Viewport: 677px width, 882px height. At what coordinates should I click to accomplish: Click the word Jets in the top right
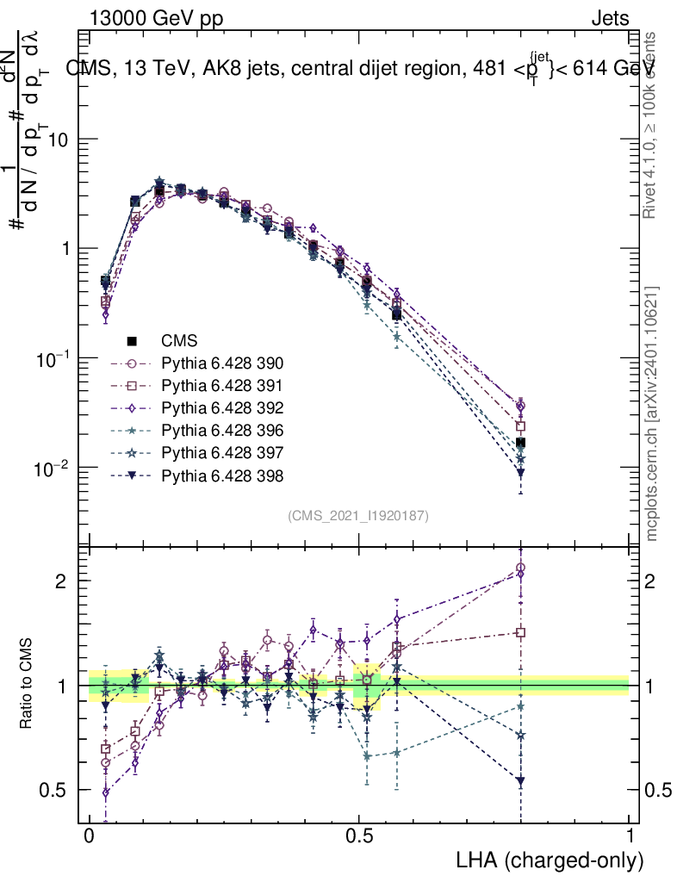pyautogui.click(x=610, y=17)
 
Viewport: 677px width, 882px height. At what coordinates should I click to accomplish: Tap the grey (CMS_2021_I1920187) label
pyautogui.click(x=358, y=515)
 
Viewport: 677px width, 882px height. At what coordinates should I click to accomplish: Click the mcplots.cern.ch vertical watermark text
pyautogui.click(x=652, y=413)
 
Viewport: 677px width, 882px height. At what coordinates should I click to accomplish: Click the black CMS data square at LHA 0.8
pyautogui.click(x=520, y=443)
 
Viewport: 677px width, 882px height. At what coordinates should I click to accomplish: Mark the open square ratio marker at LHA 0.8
pyautogui.click(x=520, y=632)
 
